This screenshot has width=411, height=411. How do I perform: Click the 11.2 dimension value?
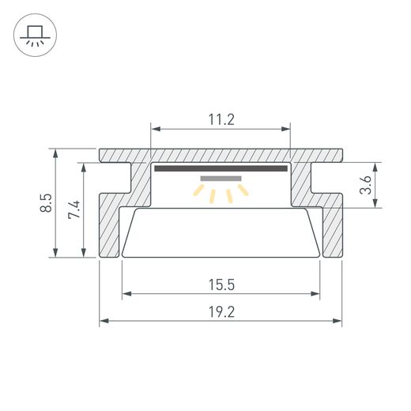pyautogui.click(x=221, y=119)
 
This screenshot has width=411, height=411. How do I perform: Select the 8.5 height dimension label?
pyautogui.click(x=46, y=202)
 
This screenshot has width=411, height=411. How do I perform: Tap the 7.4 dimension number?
pyautogui.click(x=74, y=209)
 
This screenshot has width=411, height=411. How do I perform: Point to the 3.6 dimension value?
pyautogui.click(x=365, y=185)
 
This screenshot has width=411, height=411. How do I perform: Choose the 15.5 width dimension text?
pyautogui.click(x=221, y=285)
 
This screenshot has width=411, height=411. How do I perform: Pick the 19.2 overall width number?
pyautogui.click(x=221, y=312)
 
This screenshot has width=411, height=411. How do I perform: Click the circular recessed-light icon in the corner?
pyautogui.click(x=35, y=35)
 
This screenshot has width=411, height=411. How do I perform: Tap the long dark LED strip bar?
pyautogui.click(x=221, y=168)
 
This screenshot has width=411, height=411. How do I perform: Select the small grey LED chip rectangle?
pyautogui.click(x=221, y=179)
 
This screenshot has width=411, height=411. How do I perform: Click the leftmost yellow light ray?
pyautogui.click(x=198, y=190)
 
